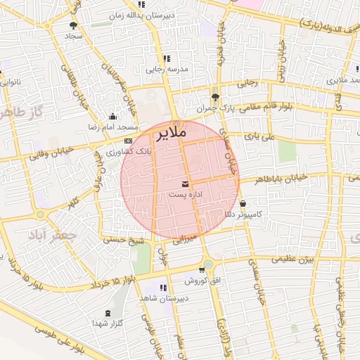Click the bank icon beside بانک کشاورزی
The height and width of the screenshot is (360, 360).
[127, 141]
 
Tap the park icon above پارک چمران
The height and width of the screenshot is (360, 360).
[215, 97]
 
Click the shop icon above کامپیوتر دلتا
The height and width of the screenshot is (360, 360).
[243, 204]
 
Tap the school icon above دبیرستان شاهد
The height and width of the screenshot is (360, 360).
[164, 288]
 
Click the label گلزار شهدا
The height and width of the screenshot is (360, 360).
[108, 323]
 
